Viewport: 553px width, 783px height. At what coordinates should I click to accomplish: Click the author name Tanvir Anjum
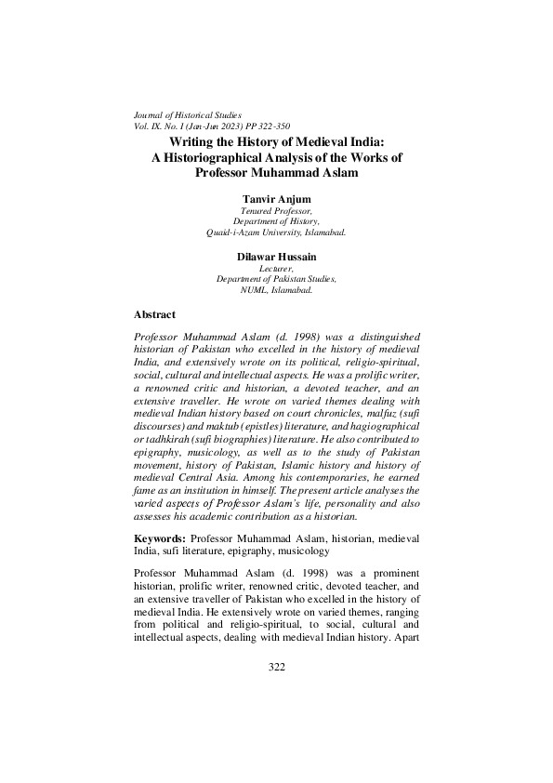click(x=276, y=199)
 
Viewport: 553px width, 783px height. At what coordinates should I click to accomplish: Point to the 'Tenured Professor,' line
click(x=276, y=211)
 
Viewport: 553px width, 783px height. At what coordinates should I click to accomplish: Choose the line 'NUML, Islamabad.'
click(x=276, y=289)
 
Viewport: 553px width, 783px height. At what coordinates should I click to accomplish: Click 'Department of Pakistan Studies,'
click(x=276, y=278)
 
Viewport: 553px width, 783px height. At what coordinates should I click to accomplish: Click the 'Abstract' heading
click(x=154, y=315)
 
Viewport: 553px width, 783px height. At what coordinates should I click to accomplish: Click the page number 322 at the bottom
click(x=276, y=693)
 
